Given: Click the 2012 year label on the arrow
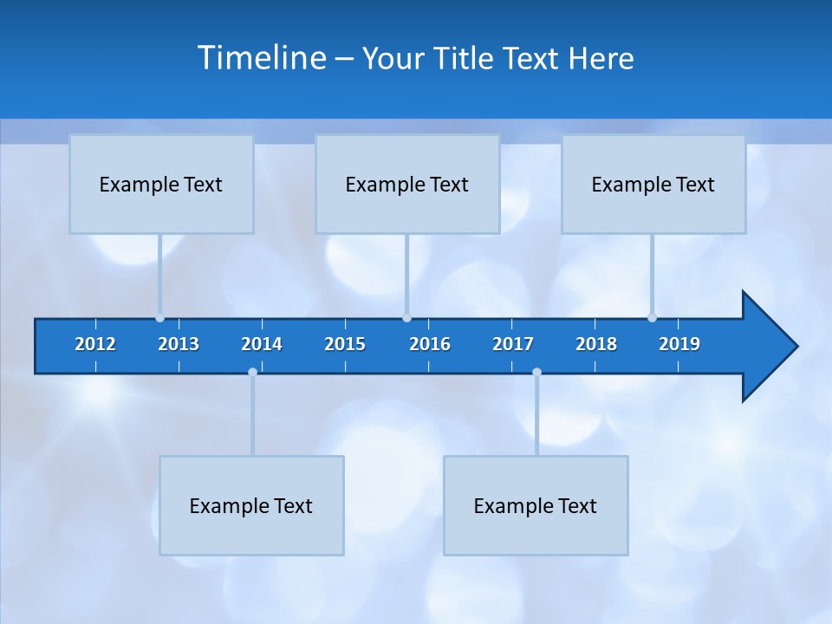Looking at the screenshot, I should (x=95, y=344).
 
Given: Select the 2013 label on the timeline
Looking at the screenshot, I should (x=179, y=344).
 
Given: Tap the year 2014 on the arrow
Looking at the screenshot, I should (x=262, y=344).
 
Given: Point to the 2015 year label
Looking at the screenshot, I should (x=345, y=344).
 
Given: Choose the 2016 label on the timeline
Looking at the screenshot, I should (x=430, y=344).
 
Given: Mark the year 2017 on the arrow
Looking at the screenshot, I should (x=513, y=344).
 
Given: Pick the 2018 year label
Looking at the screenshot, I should (x=596, y=344).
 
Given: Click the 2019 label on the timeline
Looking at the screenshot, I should (x=679, y=344).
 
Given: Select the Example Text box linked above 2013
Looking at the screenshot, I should (x=161, y=184).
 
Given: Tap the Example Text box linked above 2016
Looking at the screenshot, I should (x=407, y=184).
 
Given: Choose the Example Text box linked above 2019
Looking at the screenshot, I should (x=653, y=184).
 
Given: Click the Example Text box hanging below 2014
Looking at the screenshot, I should (x=251, y=505).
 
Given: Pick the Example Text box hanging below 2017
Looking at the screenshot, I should (x=536, y=505).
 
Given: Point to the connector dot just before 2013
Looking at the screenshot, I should (x=159, y=318).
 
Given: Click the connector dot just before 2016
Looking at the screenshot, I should (x=406, y=318).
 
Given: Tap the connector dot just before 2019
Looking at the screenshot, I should (x=652, y=318).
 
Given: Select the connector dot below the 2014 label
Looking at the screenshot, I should (x=252, y=373).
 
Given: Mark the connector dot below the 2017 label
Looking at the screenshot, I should (x=536, y=373).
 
